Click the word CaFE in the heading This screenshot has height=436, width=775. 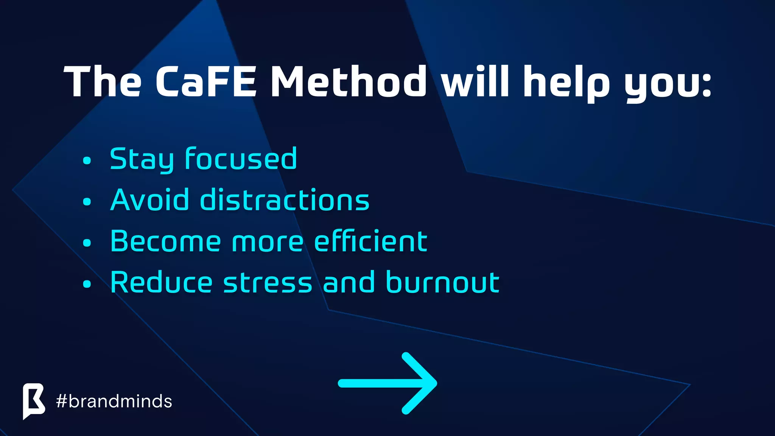point(206,82)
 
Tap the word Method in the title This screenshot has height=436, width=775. point(349,82)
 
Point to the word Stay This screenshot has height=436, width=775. point(142,159)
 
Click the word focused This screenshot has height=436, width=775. point(241,159)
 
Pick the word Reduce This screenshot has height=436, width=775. point(162,282)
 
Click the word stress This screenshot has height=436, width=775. point(268,283)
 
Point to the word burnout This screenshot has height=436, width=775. point(443,282)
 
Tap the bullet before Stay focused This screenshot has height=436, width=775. point(87,160)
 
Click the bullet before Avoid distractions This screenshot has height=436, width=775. point(87,202)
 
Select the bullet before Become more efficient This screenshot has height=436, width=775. point(87,243)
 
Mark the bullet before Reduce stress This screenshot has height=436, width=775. point(87,284)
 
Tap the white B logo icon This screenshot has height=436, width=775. point(34,400)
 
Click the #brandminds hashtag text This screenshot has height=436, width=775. point(114,401)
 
